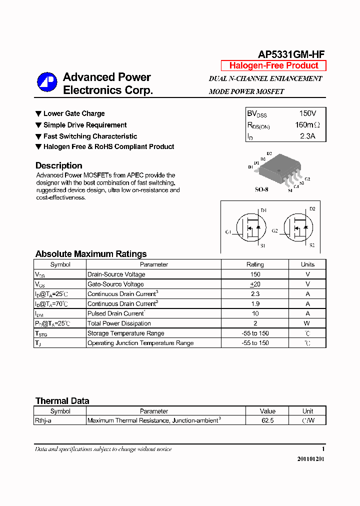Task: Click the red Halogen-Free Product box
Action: [x=273, y=65]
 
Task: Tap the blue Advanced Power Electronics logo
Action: [x=47, y=82]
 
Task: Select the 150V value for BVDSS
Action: [x=307, y=113]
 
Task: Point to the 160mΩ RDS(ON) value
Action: [x=307, y=125]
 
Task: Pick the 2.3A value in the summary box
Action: [x=307, y=136]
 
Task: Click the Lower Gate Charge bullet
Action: [x=73, y=113]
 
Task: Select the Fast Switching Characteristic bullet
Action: [x=90, y=136]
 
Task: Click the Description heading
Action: [x=58, y=165]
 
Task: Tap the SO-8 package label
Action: [x=261, y=190]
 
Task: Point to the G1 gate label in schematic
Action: [x=228, y=231]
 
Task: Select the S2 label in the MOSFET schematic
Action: [x=312, y=245]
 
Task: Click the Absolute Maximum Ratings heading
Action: [x=91, y=254]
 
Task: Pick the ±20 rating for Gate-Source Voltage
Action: [x=255, y=284]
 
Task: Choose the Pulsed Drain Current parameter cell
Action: [x=116, y=313]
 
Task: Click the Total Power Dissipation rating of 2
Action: [x=255, y=323]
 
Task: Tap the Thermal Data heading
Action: [x=62, y=401]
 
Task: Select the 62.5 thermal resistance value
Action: [x=267, y=420]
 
